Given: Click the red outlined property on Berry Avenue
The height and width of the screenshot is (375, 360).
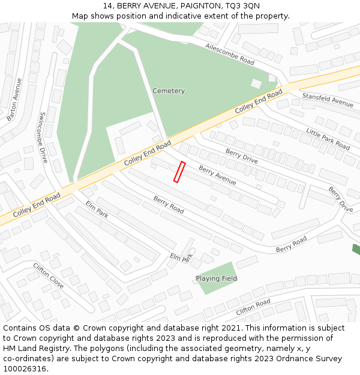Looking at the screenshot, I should pos(179,172).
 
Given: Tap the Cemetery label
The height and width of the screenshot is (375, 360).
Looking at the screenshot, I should pos(169,91).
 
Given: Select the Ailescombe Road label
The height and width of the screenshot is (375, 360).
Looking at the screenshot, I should pos(230,54).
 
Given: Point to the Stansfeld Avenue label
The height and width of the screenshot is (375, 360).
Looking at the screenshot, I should pos(328,100).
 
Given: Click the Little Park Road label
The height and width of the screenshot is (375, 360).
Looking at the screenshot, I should pos(328,139).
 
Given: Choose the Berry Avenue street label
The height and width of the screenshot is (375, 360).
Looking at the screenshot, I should pos(217,175).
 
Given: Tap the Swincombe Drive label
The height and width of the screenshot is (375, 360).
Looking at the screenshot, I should pos(43,137).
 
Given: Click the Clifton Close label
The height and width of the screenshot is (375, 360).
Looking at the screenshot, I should pos(48,275).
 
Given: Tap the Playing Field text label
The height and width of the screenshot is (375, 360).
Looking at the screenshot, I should pos(216,278).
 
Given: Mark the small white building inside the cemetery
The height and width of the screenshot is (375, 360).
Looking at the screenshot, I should pos(256,83).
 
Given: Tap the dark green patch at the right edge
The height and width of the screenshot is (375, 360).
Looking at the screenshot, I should pos(356,249).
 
